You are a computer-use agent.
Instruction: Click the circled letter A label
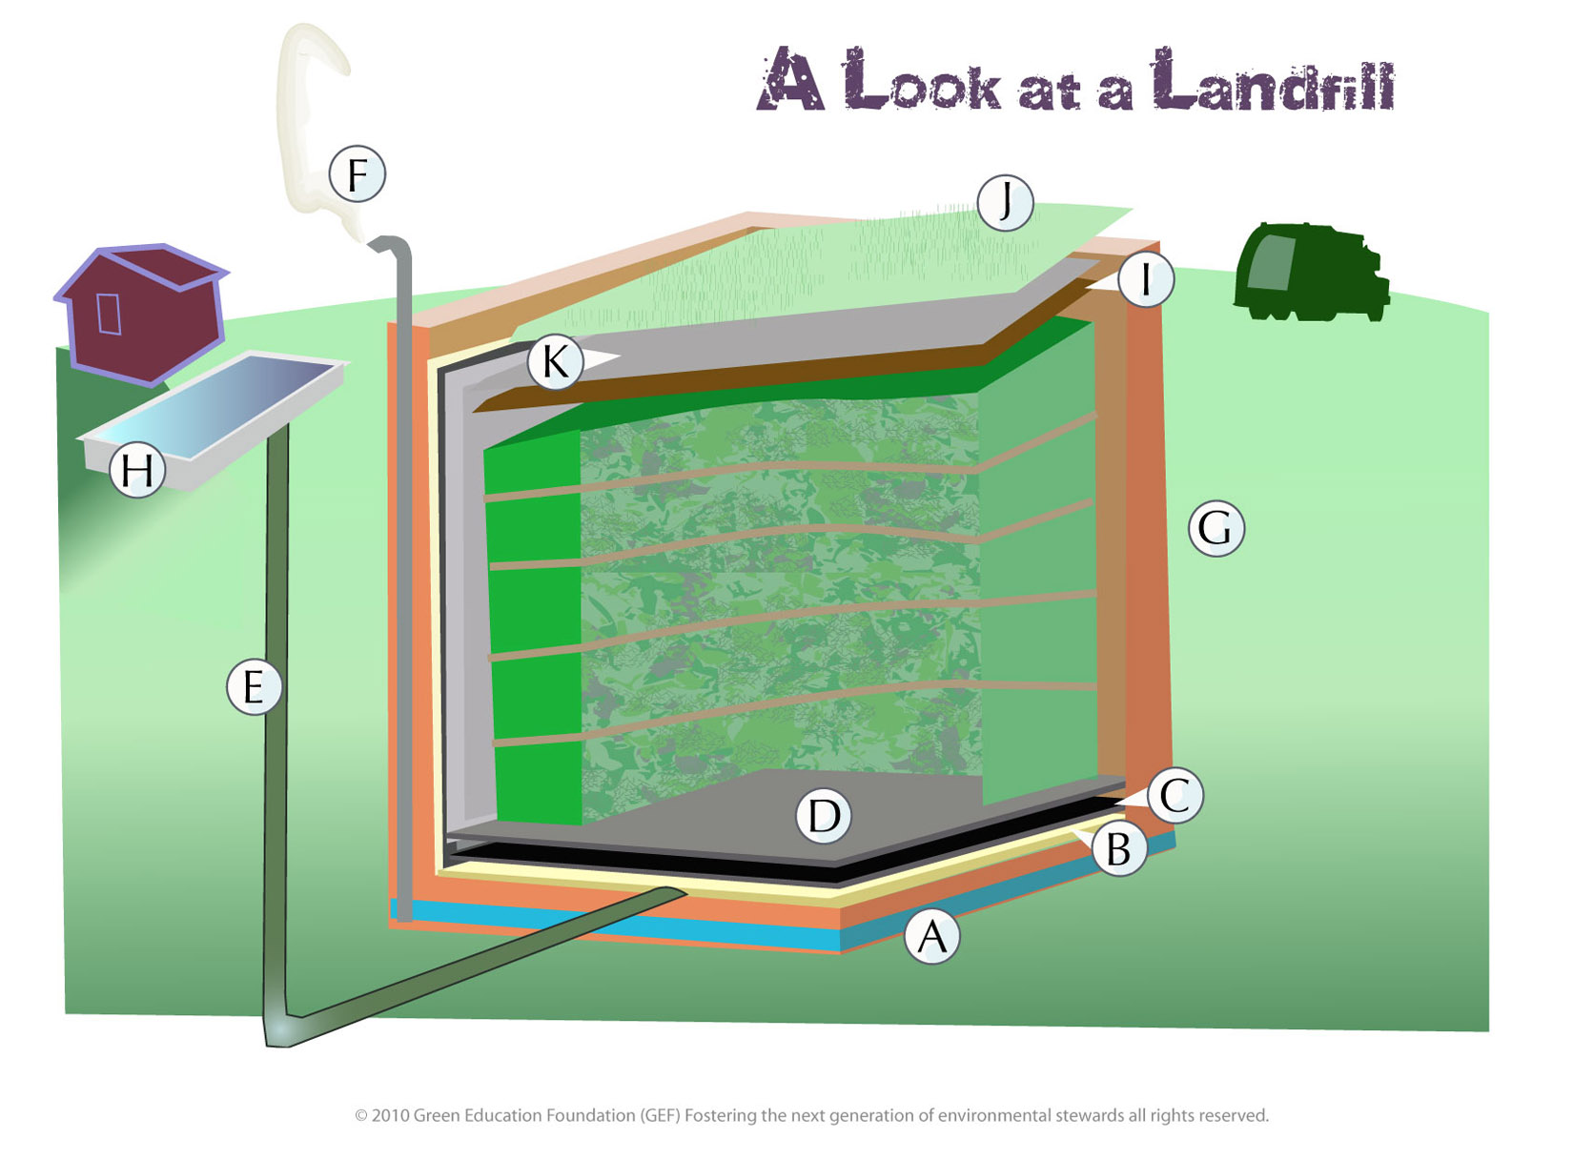tap(931, 936)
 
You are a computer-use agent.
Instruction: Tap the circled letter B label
tap(1118, 848)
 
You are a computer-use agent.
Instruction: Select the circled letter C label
tap(1175, 795)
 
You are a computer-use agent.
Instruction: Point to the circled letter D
tap(824, 816)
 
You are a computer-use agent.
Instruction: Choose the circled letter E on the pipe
tap(254, 686)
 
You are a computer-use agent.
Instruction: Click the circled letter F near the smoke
tap(357, 174)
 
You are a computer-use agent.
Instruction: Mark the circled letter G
tap(1215, 528)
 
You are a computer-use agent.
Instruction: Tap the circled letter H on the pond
tap(137, 470)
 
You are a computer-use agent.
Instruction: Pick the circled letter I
tap(1145, 279)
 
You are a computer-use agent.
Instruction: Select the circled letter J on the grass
tap(1005, 202)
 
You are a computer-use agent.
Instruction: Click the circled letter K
tap(555, 362)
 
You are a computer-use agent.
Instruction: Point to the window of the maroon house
tap(109, 314)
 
